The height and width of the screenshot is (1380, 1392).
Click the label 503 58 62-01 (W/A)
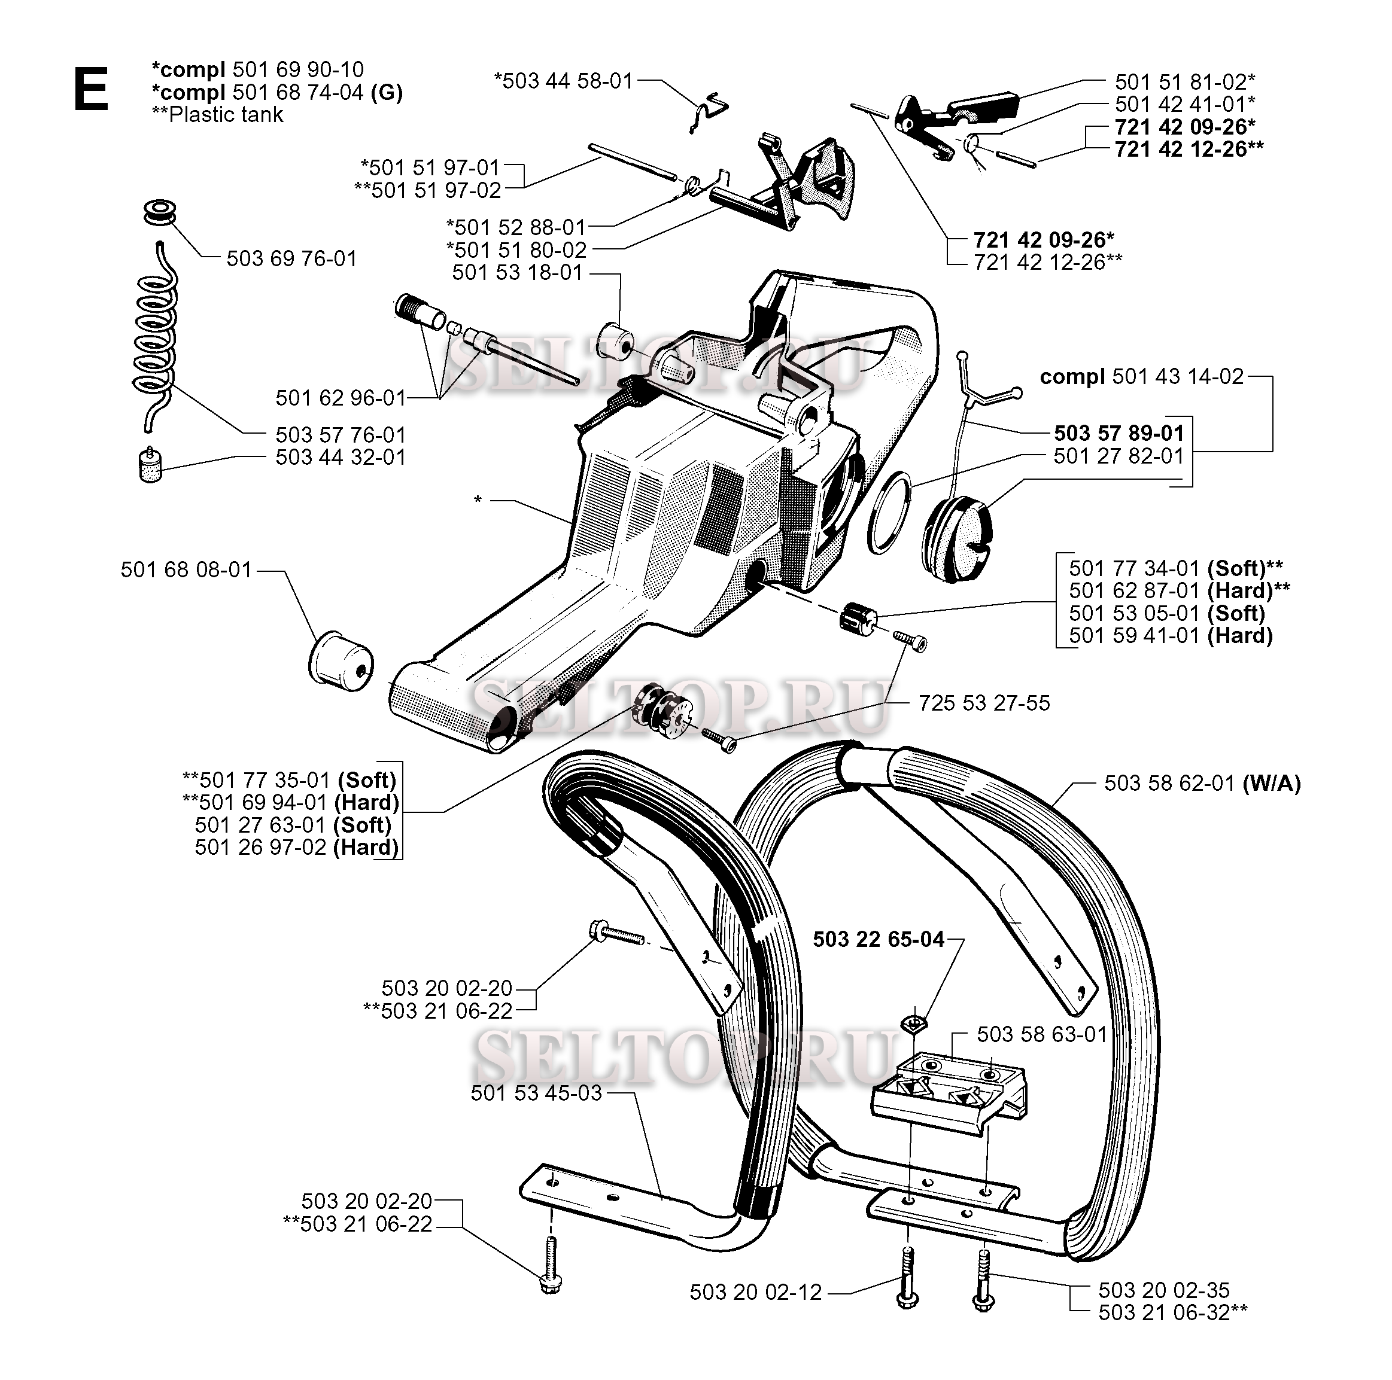1202,783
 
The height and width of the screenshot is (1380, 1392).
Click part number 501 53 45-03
536,1093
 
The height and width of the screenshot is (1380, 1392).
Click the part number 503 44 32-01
340,458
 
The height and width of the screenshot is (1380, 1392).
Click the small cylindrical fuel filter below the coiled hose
150,466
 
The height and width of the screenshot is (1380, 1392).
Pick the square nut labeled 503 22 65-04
913,1022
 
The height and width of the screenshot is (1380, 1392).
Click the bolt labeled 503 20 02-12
907,1285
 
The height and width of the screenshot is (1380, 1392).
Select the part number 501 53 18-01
516,273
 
